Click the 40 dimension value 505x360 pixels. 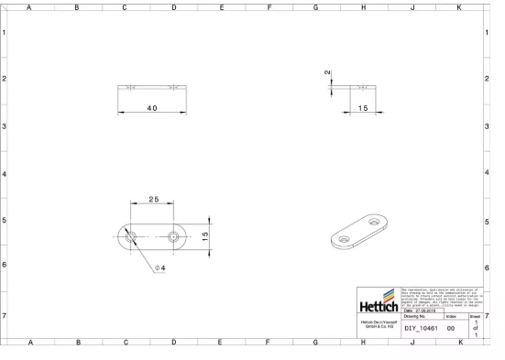152,108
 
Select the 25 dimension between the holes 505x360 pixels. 153,200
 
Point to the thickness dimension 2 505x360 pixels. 327,72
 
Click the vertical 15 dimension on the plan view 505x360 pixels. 206,235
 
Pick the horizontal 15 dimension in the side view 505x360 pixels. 363,108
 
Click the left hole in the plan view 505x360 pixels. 131,236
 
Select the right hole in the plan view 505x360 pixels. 174,236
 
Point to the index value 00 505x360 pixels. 451,327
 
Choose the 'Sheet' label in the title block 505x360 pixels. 475,316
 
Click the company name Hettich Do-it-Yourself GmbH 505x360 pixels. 379,325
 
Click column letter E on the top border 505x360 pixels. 222,6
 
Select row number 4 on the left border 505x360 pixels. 5,173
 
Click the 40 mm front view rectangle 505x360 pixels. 152,88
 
